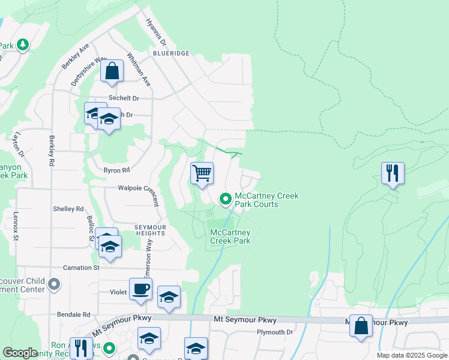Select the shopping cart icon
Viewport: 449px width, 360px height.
(202, 173)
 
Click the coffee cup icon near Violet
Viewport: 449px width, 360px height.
(140, 289)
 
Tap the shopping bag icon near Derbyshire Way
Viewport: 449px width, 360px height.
(112, 71)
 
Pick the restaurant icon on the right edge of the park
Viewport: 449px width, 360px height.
(393, 173)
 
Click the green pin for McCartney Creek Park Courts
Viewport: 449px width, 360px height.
(226, 198)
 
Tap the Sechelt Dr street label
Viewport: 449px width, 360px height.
(123, 98)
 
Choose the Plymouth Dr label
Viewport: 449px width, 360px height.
(274, 332)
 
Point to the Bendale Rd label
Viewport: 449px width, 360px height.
(73, 314)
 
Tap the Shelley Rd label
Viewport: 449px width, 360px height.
(68, 209)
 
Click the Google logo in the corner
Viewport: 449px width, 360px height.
(20, 353)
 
